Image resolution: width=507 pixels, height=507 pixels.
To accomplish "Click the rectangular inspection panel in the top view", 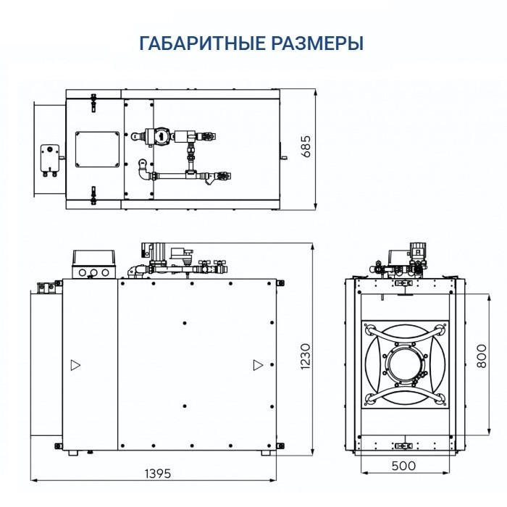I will (96, 148).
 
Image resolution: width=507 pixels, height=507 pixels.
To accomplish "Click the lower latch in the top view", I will (93, 195).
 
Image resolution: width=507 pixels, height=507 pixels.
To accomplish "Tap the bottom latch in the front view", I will (402, 443).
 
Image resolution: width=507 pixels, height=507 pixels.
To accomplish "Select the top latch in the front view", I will (402, 288).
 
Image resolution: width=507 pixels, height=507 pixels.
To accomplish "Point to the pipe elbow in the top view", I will (141, 171).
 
